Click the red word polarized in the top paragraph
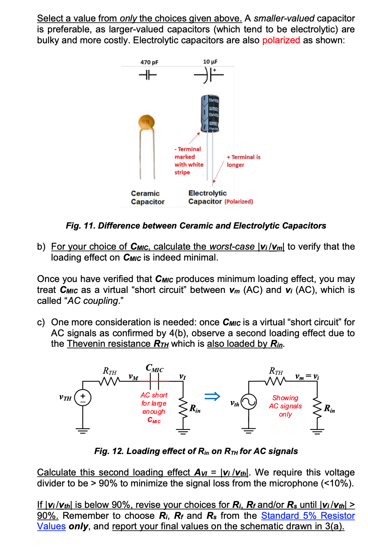pos(281,40)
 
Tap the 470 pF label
pos(149,62)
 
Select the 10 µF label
pos(210,62)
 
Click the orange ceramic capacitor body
pos(147,123)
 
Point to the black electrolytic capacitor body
pos(210,113)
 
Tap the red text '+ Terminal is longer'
pos(243,161)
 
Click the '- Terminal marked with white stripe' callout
pos(189,160)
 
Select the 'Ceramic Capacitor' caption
pos(148,197)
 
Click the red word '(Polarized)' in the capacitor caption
pos(239,202)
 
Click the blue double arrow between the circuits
pos(212,396)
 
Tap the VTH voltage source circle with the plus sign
pos(83,397)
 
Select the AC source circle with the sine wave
pos(249,401)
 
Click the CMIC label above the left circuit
pos(154,368)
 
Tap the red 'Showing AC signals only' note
pos(285,406)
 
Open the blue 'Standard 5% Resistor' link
pos(308,515)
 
